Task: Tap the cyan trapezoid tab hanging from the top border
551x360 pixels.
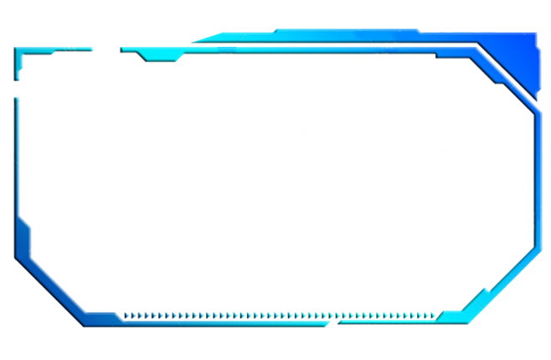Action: point(159,56)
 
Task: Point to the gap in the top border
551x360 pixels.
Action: point(106,49)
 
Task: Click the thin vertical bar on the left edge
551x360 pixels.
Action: point(16,151)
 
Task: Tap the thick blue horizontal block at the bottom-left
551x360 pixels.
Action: point(103,318)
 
